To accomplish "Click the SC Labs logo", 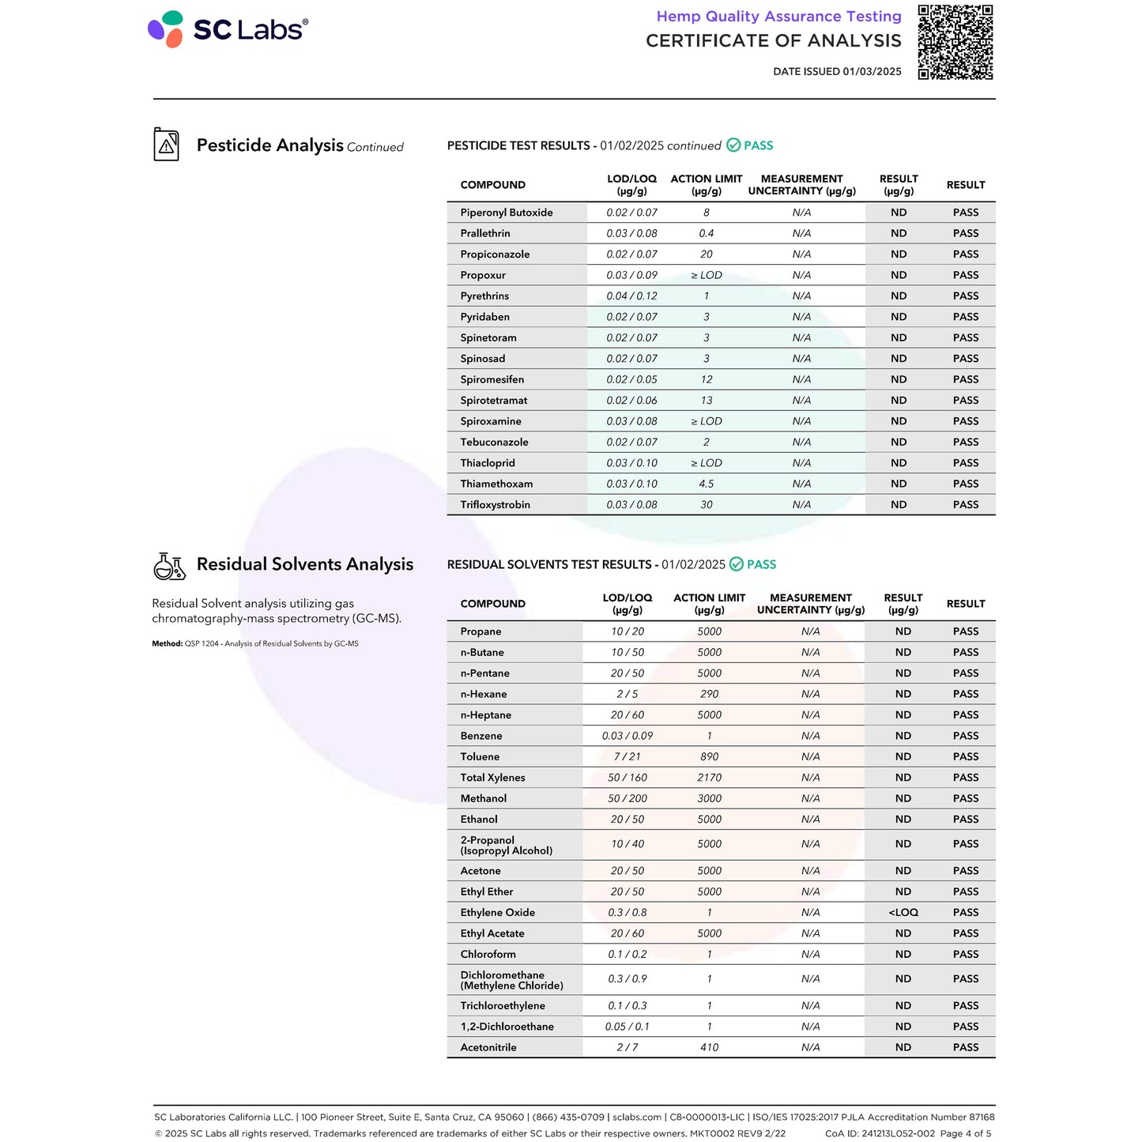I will click(x=228, y=29).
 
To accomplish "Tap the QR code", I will click(x=955, y=42).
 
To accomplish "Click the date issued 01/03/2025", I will click(x=837, y=71).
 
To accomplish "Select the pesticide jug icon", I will click(x=166, y=145).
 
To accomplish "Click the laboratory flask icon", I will click(x=168, y=565).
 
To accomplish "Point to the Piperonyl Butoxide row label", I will click(x=507, y=213).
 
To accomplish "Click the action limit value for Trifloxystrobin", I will click(x=707, y=505).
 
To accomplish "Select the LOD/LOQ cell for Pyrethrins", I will click(x=631, y=296).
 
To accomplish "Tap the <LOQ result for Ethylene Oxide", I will click(x=903, y=913).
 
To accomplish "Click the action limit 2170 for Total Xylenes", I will click(x=709, y=778).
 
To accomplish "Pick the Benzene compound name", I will click(x=481, y=736).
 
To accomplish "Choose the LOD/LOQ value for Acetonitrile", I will click(x=627, y=1048).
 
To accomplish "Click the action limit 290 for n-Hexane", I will click(x=709, y=694).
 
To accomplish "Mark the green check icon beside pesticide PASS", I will click(x=733, y=145).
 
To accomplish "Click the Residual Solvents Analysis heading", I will click(x=304, y=564).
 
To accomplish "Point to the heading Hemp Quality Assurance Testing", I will click(x=778, y=17).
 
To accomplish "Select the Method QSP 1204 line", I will click(x=255, y=644).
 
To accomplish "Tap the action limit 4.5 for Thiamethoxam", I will click(x=707, y=484).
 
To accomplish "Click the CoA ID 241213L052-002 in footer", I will click(x=880, y=1133).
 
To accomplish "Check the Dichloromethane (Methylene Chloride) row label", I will click(x=511, y=980).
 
